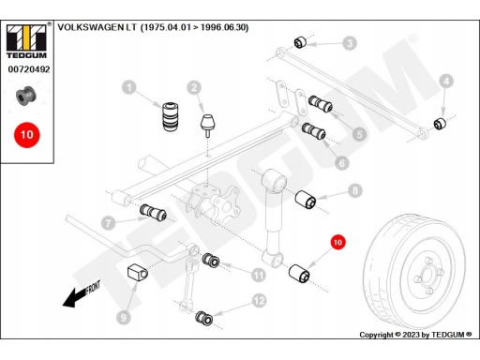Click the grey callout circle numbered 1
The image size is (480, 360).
point(129,87)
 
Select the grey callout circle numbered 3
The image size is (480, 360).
point(350,43)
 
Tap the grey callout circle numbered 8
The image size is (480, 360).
point(355,190)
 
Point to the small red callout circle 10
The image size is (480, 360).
point(337,243)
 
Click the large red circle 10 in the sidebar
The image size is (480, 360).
point(27,135)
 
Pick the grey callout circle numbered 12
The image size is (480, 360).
point(259,301)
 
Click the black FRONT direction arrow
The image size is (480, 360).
point(82,294)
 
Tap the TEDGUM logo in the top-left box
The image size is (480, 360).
point(26,41)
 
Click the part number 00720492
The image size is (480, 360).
point(29,69)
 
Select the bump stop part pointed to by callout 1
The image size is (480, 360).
point(172,116)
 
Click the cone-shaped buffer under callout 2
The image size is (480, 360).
point(208,126)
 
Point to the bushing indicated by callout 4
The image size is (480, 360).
point(440,123)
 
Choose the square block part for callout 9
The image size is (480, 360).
point(138,273)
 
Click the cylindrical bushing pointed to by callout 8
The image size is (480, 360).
point(306,199)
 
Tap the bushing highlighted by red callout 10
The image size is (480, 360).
point(299,274)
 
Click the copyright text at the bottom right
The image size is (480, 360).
point(415,335)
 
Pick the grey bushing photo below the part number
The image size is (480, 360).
point(26,96)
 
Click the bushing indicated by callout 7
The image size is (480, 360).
point(153,213)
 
